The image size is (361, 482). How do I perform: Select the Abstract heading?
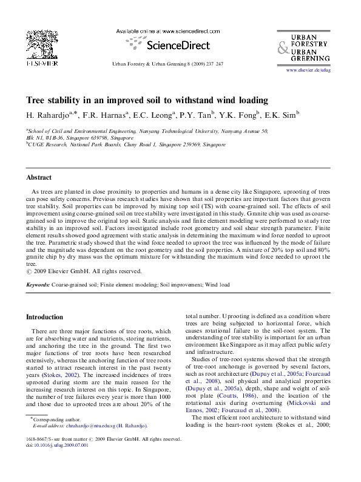pyautogui.click(x=38, y=177)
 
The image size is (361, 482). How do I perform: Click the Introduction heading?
pyautogui.click(x=44, y=317)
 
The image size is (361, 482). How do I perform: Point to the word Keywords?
pyautogui.click(x=38, y=284)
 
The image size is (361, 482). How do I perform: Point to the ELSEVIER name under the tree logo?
pyautogui.click(x=41, y=63)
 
